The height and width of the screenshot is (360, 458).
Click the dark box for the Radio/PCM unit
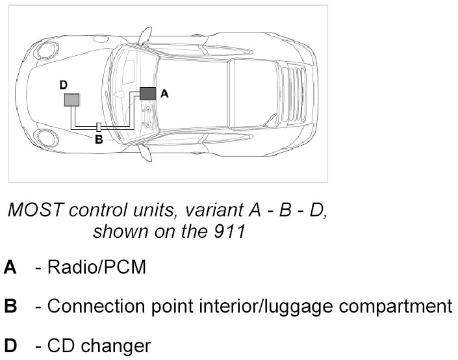147,93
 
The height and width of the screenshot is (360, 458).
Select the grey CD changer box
71,99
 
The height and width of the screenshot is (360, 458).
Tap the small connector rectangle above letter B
99,127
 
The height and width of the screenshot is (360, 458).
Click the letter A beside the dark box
164,94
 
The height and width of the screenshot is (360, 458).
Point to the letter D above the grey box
63,84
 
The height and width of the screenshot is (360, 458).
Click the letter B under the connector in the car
98,139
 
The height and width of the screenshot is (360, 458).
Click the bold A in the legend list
10,267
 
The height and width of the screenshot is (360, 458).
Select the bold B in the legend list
10,306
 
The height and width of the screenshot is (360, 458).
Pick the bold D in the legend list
10,344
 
